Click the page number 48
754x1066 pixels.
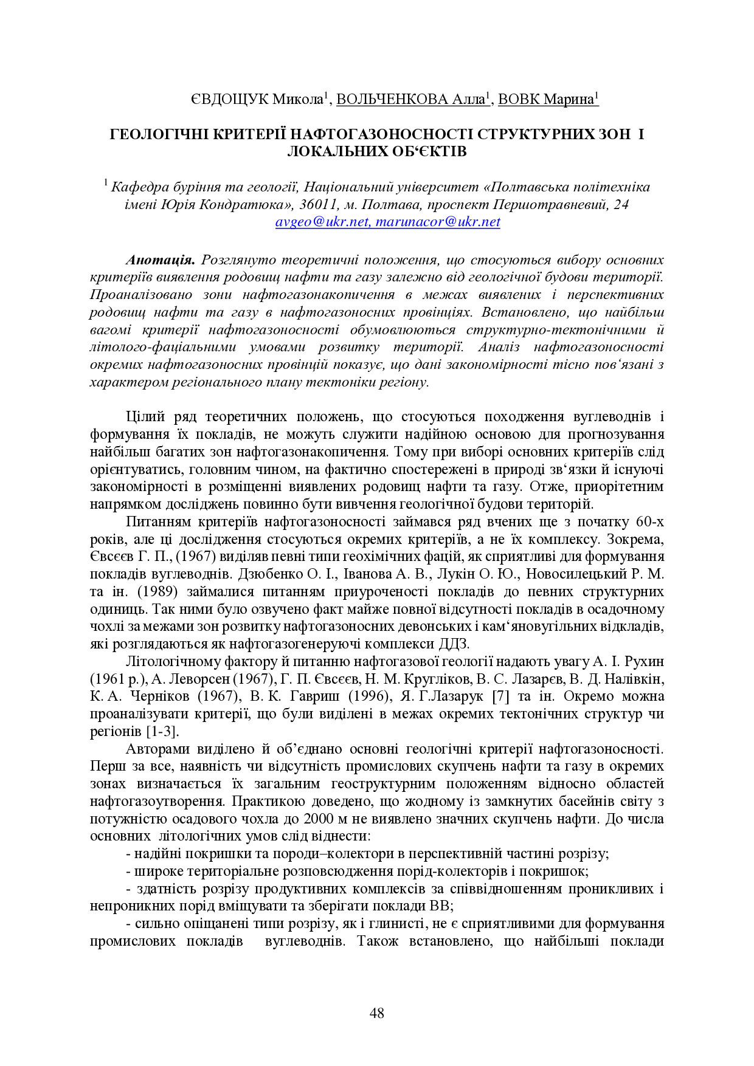point(376,1013)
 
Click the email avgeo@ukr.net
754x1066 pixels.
point(322,222)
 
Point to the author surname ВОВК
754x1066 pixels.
point(518,100)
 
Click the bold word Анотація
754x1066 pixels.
point(160,260)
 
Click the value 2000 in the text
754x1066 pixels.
point(318,819)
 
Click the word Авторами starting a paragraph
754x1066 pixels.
point(153,749)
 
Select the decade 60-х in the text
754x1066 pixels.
point(649,522)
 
